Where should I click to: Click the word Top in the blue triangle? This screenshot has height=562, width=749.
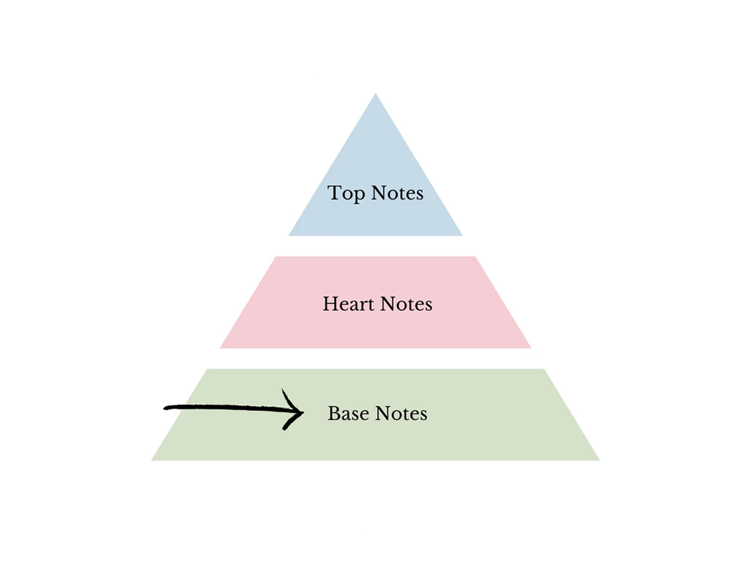(346, 194)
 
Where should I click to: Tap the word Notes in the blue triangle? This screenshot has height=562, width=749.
(397, 193)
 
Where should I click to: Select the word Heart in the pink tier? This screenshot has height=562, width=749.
(348, 303)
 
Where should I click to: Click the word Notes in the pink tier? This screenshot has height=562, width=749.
(406, 303)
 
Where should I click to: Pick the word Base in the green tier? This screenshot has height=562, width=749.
(348, 413)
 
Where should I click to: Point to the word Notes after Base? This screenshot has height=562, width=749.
(401, 413)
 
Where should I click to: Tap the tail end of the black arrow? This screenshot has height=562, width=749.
(165, 408)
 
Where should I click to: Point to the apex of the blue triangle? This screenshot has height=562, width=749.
(375, 94)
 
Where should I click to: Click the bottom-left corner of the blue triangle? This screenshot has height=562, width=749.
(289, 235)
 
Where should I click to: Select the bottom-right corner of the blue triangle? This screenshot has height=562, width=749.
(463, 235)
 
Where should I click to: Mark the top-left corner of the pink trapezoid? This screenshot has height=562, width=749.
(276, 257)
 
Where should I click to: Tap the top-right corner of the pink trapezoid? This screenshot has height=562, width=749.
(476, 257)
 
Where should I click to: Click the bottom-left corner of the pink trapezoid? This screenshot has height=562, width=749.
(220, 348)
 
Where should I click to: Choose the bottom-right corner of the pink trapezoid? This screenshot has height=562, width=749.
(531, 348)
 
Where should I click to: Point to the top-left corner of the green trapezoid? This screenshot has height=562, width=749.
(207, 369)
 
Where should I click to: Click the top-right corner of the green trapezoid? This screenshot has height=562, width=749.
(544, 369)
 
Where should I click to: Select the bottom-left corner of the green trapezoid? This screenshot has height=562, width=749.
(152, 460)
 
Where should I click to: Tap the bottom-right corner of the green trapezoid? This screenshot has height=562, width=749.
(600, 460)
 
